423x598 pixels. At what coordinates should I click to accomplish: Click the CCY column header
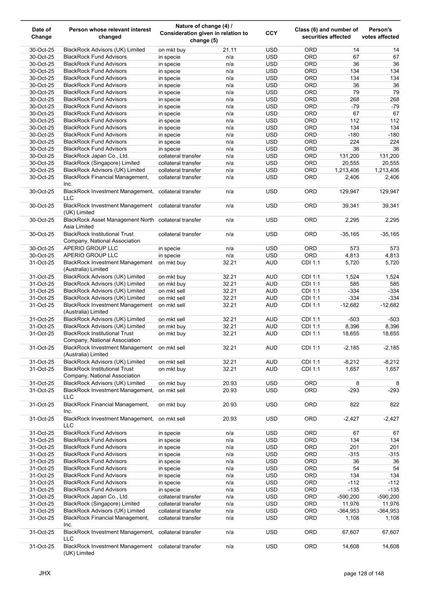tap(271, 33)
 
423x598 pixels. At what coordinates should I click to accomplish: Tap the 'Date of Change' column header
tap(42, 33)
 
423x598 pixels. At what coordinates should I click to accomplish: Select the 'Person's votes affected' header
tap(380, 33)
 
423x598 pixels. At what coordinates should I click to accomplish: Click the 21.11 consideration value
tap(230, 50)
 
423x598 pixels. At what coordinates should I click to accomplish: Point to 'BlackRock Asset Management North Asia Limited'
tap(109, 223)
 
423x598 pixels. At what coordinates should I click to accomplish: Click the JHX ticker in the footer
tap(45, 573)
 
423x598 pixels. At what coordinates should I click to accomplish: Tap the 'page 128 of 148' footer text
tap(364, 573)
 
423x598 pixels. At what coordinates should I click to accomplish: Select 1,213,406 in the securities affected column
tap(347, 170)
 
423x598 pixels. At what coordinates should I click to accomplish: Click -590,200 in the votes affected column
tap(388, 497)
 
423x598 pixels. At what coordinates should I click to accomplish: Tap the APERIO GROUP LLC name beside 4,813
tap(91, 255)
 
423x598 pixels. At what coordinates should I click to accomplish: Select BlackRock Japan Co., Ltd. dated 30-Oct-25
tap(96, 156)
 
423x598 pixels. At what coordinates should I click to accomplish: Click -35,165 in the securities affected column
tap(349, 234)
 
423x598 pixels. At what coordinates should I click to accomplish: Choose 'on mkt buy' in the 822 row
tap(172, 405)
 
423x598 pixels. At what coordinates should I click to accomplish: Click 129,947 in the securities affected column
tap(349, 192)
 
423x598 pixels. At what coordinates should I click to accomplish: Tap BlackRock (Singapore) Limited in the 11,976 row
tap(101, 504)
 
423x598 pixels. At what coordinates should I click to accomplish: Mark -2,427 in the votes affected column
tap(390, 419)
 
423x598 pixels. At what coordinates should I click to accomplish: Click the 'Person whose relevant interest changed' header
tap(110, 33)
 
